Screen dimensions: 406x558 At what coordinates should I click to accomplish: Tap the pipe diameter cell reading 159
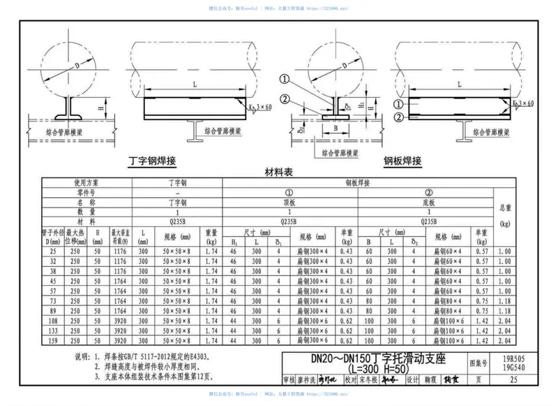53,340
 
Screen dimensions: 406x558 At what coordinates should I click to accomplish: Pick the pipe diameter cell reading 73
53,300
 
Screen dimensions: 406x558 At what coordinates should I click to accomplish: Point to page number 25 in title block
514,379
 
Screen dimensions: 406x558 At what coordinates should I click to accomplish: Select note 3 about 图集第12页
153,377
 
